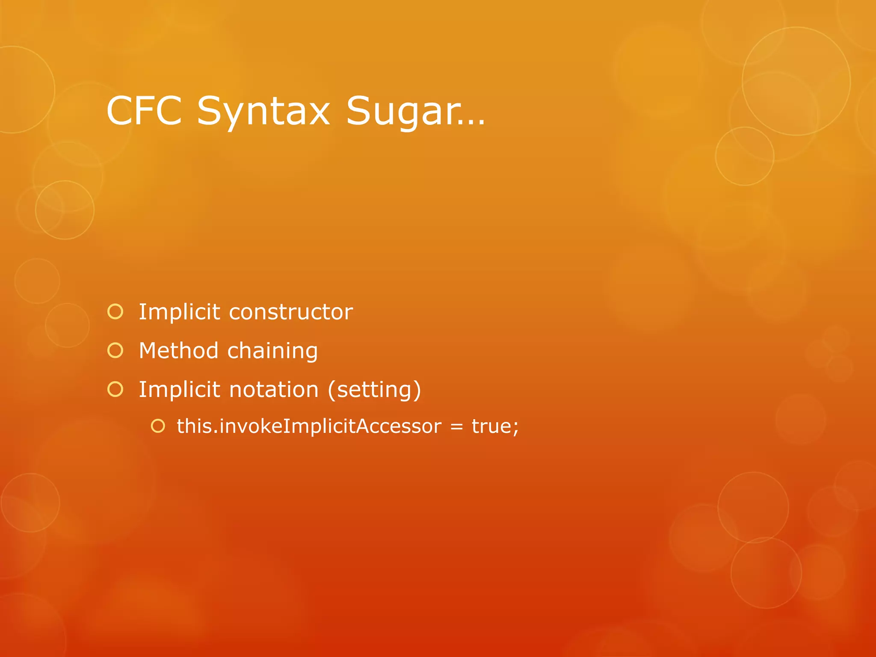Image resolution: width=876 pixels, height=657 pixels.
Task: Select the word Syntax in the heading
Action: coord(263,112)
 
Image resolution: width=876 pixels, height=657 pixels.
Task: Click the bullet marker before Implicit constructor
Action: coord(115,311)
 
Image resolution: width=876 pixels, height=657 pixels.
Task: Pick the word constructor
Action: coord(291,312)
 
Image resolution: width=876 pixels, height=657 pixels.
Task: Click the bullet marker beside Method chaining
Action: coord(115,350)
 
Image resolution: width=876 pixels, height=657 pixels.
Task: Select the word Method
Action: coord(179,350)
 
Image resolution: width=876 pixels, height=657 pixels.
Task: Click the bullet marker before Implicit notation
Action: coord(115,389)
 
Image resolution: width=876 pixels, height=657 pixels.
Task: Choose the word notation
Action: coord(274,390)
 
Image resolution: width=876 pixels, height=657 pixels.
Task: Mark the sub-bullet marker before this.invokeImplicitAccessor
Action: coord(158,426)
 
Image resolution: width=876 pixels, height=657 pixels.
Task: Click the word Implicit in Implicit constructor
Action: coord(179,312)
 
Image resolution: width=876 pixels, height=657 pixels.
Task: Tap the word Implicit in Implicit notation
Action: coord(179,390)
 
